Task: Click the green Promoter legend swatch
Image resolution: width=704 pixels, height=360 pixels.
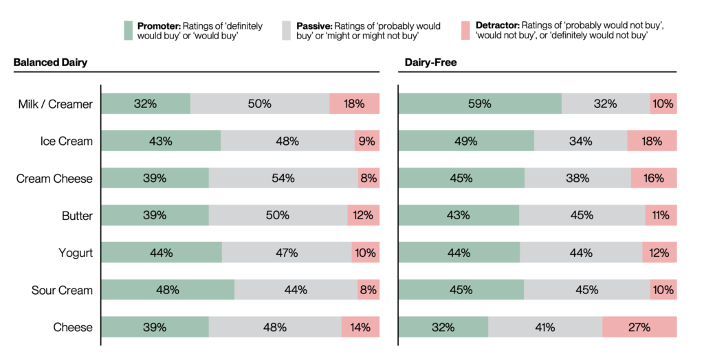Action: pos(129,30)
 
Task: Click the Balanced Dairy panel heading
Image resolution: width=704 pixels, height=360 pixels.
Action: pos(50,63)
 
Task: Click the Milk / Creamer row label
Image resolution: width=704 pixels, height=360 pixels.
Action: pos(56,104)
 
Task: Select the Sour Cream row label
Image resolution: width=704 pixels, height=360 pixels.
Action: pos(62,290)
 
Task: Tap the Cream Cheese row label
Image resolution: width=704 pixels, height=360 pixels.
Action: pos(54,179)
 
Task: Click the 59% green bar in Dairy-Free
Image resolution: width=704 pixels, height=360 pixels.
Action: pos(480,104)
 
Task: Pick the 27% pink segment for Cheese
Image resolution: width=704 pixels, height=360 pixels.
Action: pos(639,327)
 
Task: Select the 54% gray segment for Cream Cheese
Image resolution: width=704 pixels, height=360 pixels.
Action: pos(283,178)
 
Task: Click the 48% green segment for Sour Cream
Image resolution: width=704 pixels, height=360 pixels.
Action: pos(168,290)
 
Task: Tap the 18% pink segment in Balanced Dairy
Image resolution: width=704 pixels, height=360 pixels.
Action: pos(354,104)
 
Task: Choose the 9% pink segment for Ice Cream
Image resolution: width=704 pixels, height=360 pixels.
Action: pos(366,141)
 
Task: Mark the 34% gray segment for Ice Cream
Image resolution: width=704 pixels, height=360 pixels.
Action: pos(580,141)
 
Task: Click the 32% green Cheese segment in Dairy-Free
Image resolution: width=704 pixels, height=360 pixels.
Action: pos(443,327)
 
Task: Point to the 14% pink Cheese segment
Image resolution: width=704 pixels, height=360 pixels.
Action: pos(360,327)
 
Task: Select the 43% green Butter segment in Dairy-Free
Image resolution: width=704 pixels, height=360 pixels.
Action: pos(459,215)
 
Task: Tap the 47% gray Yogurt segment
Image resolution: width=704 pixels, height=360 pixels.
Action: pos(287,252)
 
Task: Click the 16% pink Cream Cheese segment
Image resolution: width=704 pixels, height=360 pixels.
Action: pos(654,178)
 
